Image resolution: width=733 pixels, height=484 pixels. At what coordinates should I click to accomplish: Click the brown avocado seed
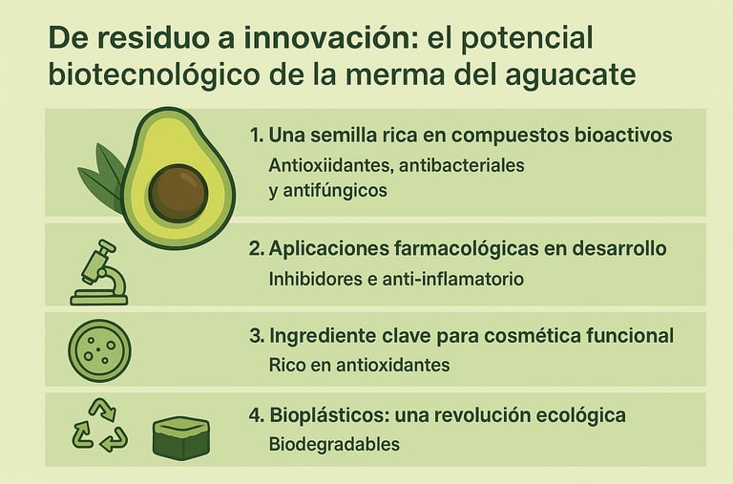pyautogui.click(x=178, y=194)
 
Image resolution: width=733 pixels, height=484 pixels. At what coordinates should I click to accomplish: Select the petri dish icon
pyautogui.click(x=99, y=350)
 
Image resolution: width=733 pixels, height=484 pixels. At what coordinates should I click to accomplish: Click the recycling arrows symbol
pyautogui.click(x=99, y=425)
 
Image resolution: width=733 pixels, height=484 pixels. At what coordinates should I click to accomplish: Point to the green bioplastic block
pyautogui.click(x=181, y=438)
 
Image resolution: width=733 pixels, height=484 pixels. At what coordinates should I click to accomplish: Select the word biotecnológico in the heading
pyautogui.click(x=154, y=74)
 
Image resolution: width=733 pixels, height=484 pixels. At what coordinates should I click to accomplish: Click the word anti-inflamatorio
pyautogui.click(x=453, y=279)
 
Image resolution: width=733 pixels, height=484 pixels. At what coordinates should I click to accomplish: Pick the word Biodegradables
pyautogui.click(x=334, y=444)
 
